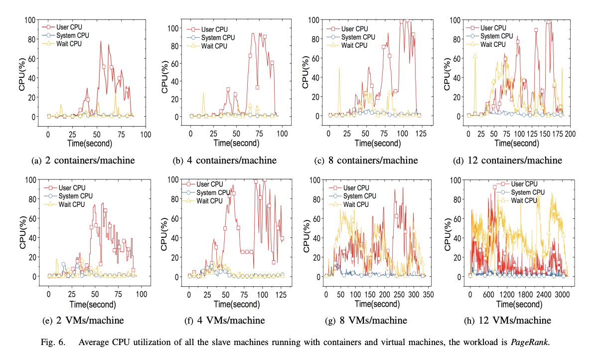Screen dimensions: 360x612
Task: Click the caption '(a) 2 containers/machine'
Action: pyautogui.click(x=83, y=161)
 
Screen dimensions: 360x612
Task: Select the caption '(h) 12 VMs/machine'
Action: pyautogui.click(x=508, y=320)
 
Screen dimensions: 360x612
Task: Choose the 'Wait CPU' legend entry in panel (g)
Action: pyautogui.click(x=355, y=204)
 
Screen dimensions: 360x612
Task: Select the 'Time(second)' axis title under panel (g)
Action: pyautogui.click(x=377, y=304)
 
